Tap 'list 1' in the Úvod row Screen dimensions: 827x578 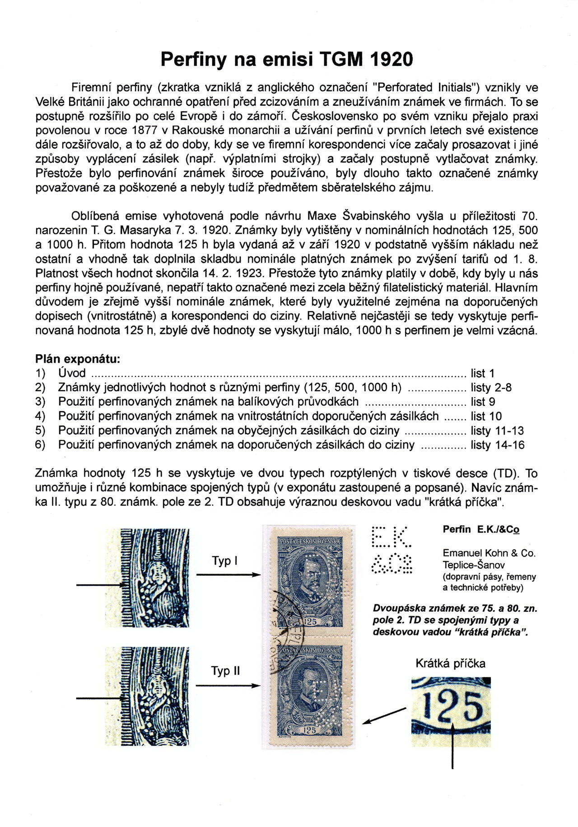(x=483, y=374)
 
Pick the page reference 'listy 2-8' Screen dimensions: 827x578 (x=491, y=388)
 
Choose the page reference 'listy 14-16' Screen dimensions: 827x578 (x=497, y=445)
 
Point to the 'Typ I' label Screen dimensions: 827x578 (x=224, y=561)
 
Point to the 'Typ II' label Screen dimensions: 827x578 (x=225, y=671)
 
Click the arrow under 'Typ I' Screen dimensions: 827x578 (x=228, y=575)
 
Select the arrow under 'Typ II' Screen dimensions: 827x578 (x=228, y=685)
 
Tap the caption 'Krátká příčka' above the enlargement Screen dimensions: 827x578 (x=450, y=663)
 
